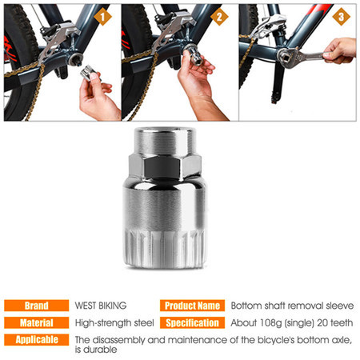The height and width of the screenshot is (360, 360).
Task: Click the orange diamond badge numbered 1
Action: pyautogui.click(x=102, y=17)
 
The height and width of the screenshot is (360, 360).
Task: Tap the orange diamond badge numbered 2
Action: pyautogui.click(x=219, y=17)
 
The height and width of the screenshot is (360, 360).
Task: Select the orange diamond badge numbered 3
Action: pyautogui.click(x=341, y=17)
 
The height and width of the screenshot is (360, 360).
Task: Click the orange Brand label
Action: pyautogui.click(x=37, y=306)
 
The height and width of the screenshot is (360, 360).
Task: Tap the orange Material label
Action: pyautogui.click(x=37, y=322)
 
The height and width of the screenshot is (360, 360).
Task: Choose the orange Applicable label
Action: pyautogui.click(x=37, y=340)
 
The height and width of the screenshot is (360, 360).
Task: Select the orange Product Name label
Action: pyautogui.click(x=192, y=306)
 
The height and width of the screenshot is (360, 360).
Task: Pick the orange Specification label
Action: pyautogui.click(x=192, y=322)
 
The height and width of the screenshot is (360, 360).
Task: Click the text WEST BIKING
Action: pyautogui.click(x=101, y=306)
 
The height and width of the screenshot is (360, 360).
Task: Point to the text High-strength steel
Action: pyautogui.click(x=114, y=323)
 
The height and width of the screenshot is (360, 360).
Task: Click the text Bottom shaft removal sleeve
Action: pyautogui.click(x=292, y=306)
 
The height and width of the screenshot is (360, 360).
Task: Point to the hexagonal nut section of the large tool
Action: pyautogui.click(x=165, y=167)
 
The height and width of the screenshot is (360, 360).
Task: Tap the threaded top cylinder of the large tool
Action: pyautogui.click(x=165, y=142)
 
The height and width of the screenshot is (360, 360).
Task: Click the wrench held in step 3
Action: pyautogui.click(x=302, y=56)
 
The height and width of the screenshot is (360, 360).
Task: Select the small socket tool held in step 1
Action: pyautogui.click(x=89, y=73)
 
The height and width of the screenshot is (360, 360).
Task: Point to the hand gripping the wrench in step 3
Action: pyautogui.click(x=339, y=50)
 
